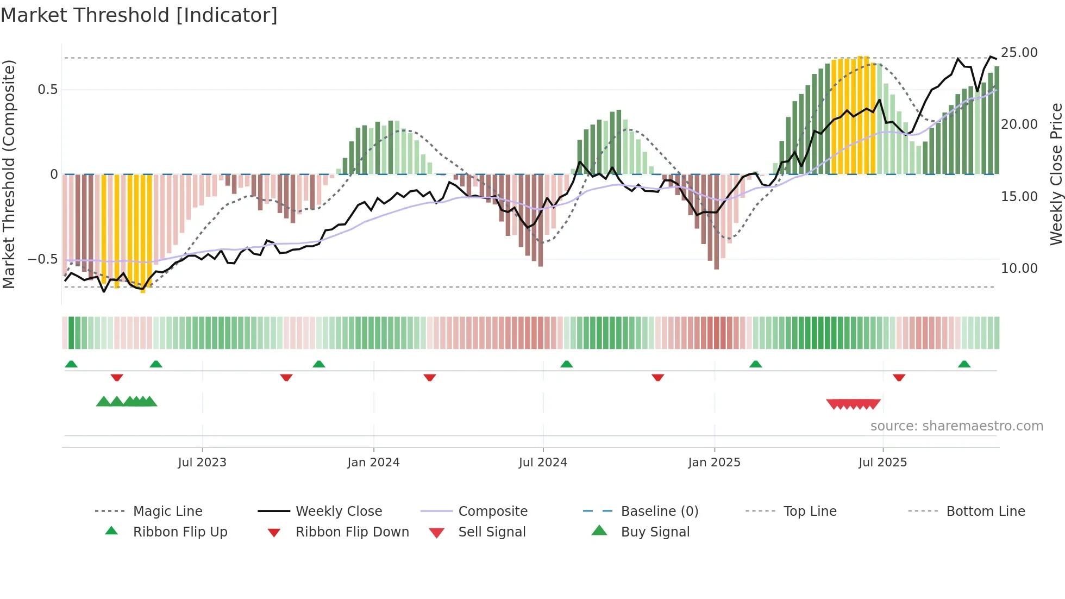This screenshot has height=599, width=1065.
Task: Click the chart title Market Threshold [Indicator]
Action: click(x=139, y=15)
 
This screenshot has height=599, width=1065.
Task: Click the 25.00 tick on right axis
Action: click(x=1019, y=53)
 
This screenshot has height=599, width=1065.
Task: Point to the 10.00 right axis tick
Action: click(x=1019, y=268)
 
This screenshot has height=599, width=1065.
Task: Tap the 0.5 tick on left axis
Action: click(x=47, y=90)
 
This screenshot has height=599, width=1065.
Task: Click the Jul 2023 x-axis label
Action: click(x=202, y=463)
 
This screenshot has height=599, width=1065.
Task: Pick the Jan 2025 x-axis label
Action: click(x=713, y=463)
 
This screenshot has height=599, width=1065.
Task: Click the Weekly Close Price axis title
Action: click(x=1055, y=174)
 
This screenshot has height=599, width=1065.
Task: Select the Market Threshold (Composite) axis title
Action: click(x=9, y=174)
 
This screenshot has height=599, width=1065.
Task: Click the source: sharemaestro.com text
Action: click(x=956, y=426)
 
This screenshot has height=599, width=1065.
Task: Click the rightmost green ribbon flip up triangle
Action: click(x=964, y=364)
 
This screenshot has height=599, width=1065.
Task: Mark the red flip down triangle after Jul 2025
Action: click(x=899, y=377)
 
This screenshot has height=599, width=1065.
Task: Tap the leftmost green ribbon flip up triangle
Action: click(x=71, y=364)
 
